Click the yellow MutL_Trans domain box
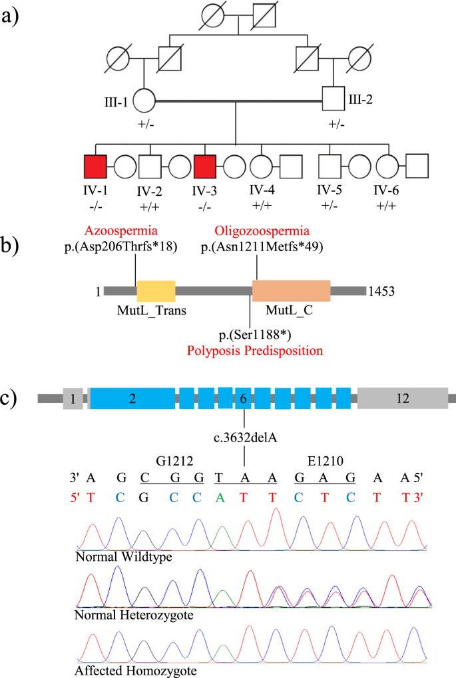(156, 291)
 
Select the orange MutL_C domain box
(292, 291)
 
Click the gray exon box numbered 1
(73, 398)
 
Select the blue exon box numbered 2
(132, 398)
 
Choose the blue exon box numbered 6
(244, 398)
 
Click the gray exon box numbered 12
(402, 398)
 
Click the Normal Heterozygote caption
(134, 615)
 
